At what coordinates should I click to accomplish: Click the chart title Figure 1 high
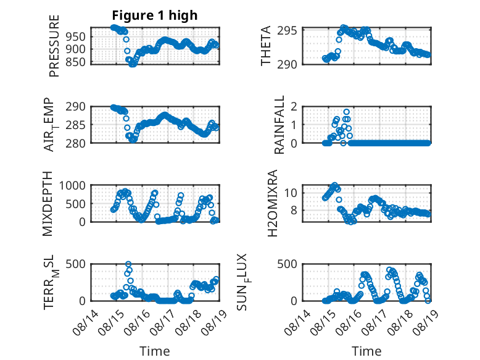pyautogui.click(x=155, y=15)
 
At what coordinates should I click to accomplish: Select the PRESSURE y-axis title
pyautogui.click(x=54, y=46)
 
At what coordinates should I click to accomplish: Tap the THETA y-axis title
pyautogui.click(x=266, y=46)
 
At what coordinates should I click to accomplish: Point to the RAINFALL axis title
pyautogui.click(x=279, y=125)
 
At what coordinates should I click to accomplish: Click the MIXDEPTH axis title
pyautogui.click(x=48, y=204)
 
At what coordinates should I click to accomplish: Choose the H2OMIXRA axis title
pyautogui.click(x=272, y=203)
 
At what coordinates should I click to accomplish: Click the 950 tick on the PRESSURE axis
pyautogui.click(x=76, y=37)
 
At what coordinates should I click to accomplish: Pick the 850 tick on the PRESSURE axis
pyautogui.click(x=76, y=62)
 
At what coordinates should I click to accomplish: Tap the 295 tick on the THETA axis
pyautogui.click(x=287, y=31)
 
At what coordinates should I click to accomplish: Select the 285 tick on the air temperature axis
pyautogui.click(x=76, y=125)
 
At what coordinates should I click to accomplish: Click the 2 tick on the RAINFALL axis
pyautogui.click(x=294, y=107)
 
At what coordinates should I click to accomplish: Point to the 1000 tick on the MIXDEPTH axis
pyautogui.click(x=72, y=186)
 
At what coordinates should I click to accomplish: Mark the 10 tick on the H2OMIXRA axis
pyautogui.click(x=291, y=193)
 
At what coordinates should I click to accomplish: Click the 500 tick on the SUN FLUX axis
pyautogui.click(x=287, y=264)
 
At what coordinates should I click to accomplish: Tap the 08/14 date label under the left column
pyautogui.click(x=86, y=322)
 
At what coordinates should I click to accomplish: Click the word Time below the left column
pyautogui.click(x=155, y=351)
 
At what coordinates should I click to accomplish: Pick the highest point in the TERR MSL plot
pyautogui.click(x=128, y=264)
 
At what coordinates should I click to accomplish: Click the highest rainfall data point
pyautogui.click(x=346, y=112)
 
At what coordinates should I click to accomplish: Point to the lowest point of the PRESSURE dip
pyautogui.click(x=132, y=64)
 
